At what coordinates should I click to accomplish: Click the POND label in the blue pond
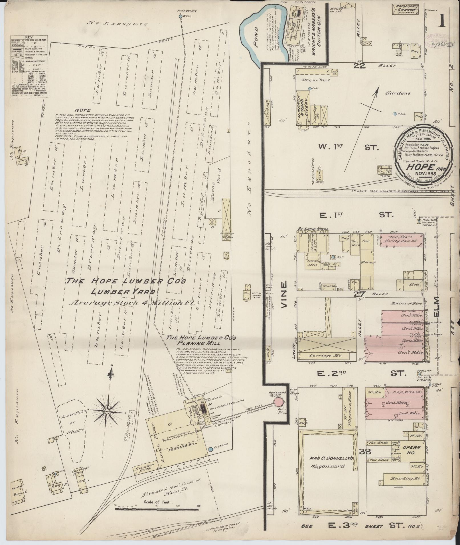tap(255, 36)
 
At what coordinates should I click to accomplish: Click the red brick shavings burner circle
tap(279, 402)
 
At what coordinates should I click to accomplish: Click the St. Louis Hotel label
tap(313, 229)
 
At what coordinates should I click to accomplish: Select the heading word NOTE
tap(83, 110)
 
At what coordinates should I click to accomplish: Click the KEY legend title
tap(29, 37)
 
